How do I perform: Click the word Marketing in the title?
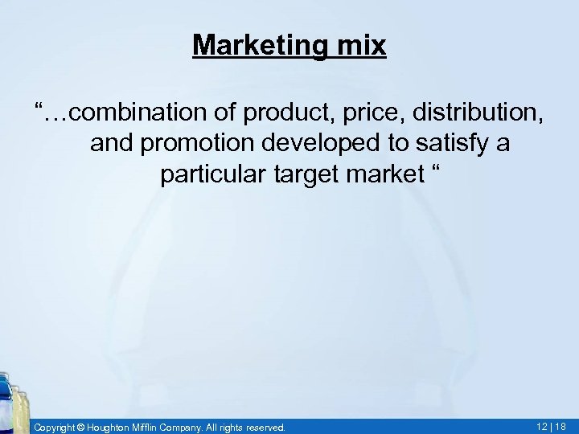click(257, 45)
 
